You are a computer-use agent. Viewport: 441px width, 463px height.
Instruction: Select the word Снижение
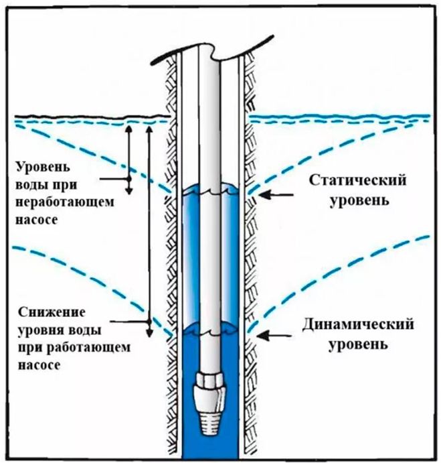pyautogui.click(x=46, y=314)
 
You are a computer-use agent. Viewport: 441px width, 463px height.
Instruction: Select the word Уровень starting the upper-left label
pyautogui.click(x=39, y=166)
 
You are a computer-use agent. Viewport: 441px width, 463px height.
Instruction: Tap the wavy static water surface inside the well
pyautogui.click(x=211, y=190)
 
